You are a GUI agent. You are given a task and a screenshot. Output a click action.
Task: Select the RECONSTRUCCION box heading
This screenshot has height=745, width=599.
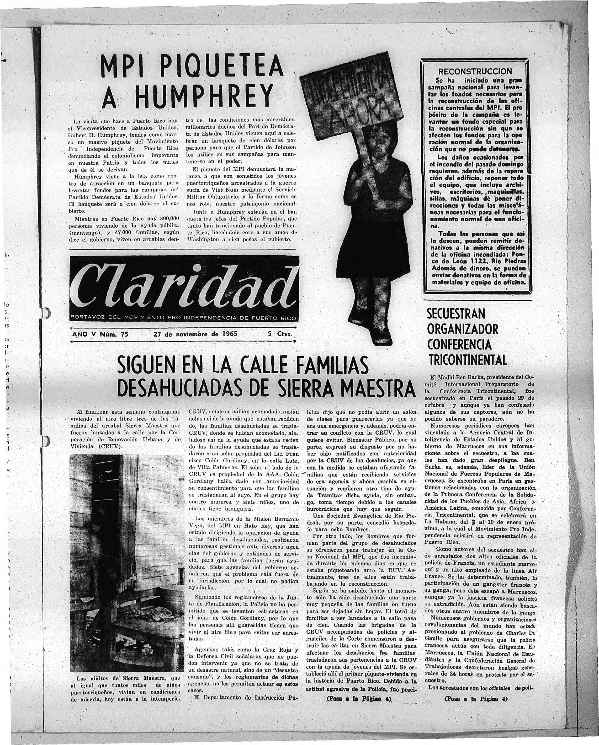click(475, 72)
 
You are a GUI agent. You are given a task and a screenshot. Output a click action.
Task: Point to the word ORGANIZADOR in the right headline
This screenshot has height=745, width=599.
click(463, 329)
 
